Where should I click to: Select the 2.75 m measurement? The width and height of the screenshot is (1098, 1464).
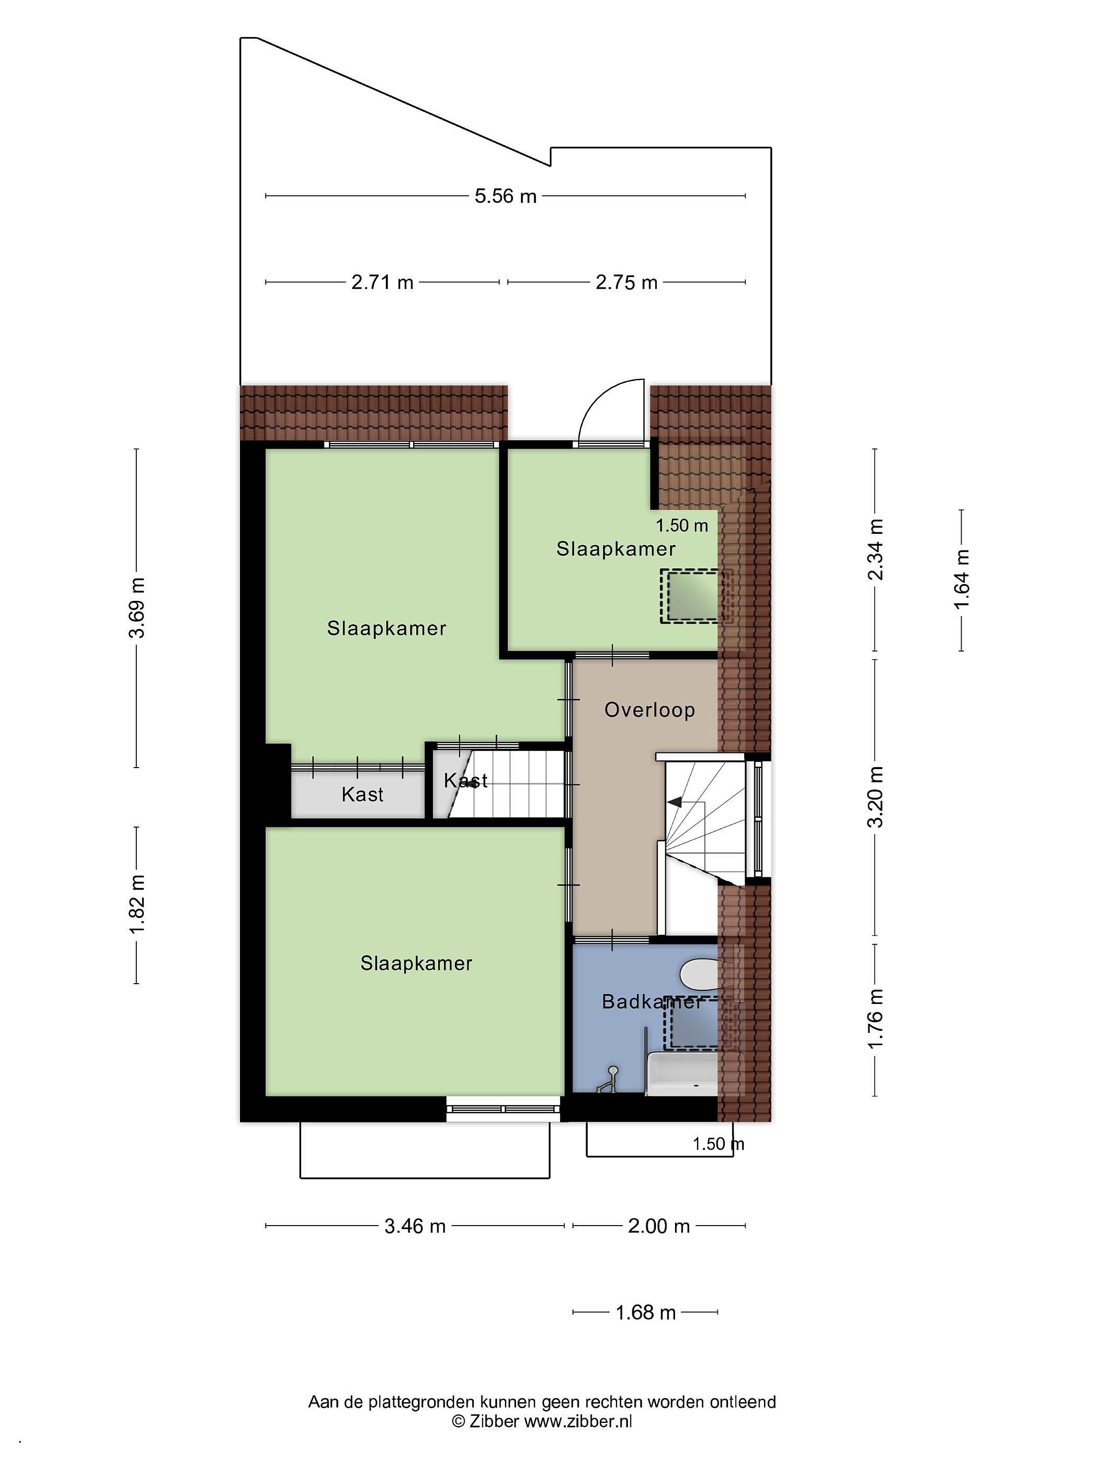click(x=626, y=283)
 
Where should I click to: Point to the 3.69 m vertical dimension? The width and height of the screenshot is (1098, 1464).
click(x=137, y=607)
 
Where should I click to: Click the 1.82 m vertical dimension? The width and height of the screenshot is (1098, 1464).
click(x=137, y=904)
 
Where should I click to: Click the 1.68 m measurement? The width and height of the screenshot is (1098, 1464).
click(x=645, y=1313)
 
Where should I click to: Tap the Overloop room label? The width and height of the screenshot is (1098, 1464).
click(x=649, y=710)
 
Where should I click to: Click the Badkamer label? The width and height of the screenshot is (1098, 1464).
click(x=651, y=1001)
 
